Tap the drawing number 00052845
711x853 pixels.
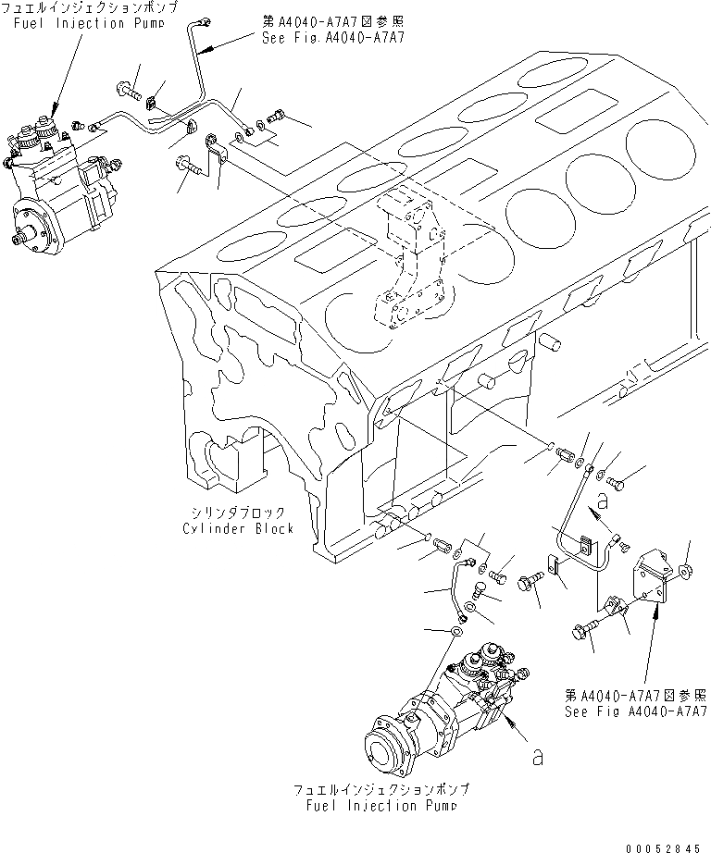coord(663,844)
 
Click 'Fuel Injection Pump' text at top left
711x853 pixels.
coord(69,23)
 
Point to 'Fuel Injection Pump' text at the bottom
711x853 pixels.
coord(380,805)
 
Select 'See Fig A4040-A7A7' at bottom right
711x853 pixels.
coord(636,711)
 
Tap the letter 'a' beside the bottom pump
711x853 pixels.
coord(536,756)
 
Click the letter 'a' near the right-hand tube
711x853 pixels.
coord(603,502)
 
